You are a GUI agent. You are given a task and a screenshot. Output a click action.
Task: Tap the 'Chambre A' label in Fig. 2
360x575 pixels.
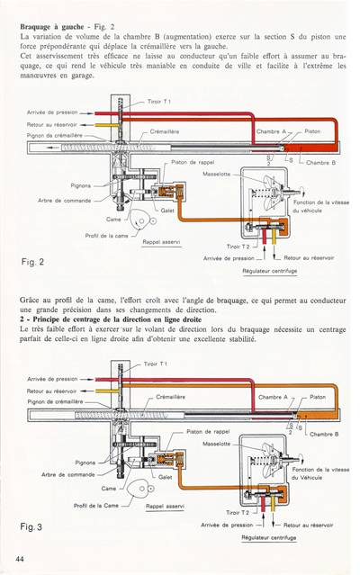coord(271,131)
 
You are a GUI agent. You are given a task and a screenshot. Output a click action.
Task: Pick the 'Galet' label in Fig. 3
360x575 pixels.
coord(166,477)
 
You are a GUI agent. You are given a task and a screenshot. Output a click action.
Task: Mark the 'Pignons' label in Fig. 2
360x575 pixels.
coord(85,186)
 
